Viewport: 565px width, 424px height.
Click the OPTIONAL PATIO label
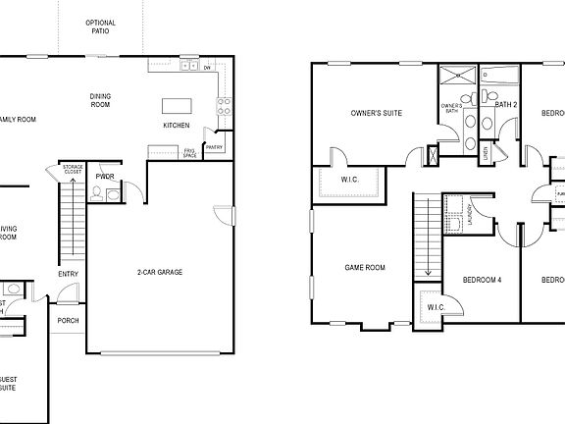tap(101, 26)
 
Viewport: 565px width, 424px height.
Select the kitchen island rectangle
tap(177, 105)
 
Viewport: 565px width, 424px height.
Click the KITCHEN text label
tap(178, 126)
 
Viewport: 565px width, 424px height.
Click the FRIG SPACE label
tap(189, 152)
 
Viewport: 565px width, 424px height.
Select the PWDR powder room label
tap(105, 177)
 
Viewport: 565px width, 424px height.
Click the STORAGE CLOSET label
tap(73, 173)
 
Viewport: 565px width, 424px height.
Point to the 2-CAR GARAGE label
tap(159, 272)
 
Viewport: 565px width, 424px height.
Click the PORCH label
tap(69, 320)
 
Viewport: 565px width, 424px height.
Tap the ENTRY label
tap(68, 274)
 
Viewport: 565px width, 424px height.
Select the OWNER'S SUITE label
tap(377, 113)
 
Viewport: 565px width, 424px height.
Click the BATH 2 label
tap(506, 103)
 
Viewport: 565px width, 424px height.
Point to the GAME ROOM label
tap(364, 267)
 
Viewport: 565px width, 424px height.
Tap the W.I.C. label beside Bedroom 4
tap(435, 307)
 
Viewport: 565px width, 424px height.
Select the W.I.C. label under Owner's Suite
tap(350, 180)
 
